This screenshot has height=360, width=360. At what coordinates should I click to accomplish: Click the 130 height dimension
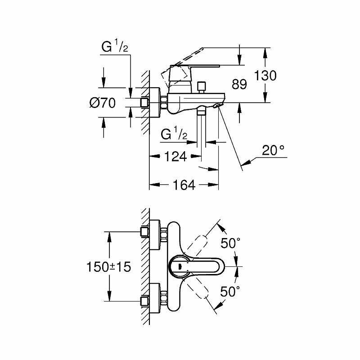coord(265,75)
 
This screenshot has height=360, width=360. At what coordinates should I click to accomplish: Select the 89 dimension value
coord(239,84)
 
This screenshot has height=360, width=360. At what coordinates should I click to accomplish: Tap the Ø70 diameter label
coord(103,103)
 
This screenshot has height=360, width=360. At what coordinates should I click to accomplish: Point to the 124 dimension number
coord(175,157)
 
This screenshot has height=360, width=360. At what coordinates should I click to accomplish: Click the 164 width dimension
coord(184,185)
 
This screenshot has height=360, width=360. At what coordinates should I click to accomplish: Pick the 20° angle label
coord(273,150)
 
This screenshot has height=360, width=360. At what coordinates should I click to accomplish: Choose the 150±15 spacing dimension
coord(108,267)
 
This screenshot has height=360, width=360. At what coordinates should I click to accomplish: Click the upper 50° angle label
coord(230,243)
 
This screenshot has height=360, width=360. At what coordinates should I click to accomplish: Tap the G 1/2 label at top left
coord(115,46)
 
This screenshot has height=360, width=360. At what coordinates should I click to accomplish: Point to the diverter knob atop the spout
coord(202,87)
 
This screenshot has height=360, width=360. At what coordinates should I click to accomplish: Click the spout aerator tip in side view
coord(218,105)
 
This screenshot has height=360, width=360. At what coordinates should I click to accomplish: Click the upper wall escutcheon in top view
coord(154,234)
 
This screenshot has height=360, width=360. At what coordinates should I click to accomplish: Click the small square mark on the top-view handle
coord(180,266)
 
